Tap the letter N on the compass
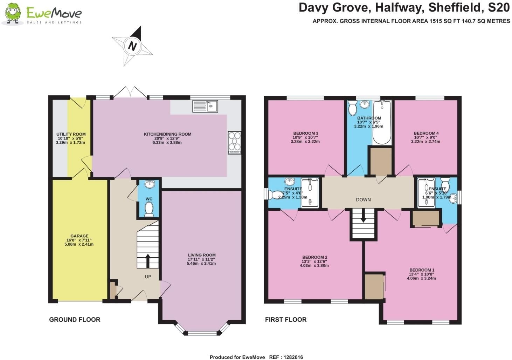click(132, 46)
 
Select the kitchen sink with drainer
click(205, 106)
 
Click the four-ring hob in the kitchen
click(235, 142)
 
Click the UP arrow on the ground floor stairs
click(148, 261)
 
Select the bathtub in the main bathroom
click(382, 122)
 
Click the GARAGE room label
click(79, 236)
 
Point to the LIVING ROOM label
click(202, 255)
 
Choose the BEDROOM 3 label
click(306, 133)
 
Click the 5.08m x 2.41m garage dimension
click(79, 244)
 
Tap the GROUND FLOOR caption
click(75, 320)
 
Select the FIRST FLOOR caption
click(286, 320)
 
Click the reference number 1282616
click(293, 357)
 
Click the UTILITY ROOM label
click(71, 134)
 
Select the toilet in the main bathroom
click(352, 108)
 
